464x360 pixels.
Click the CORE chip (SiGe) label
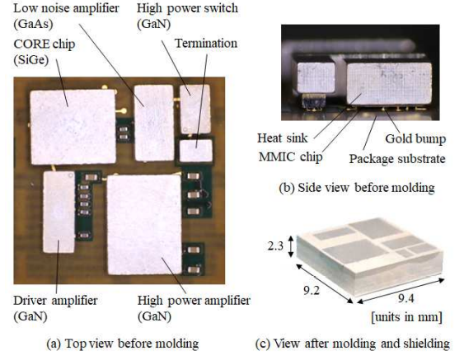(45, 52)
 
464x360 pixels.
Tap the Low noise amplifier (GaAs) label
(66, 16)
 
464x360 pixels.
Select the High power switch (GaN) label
(187, 16)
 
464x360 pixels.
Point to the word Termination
(206, 44)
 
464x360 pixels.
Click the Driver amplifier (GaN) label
(56, 308)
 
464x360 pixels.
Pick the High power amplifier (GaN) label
(194, 308)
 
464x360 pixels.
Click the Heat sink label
(283, 138)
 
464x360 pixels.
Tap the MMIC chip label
(291, 157)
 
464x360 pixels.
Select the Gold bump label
(415, 138)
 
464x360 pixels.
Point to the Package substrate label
(397, 159)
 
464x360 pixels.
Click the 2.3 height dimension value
(275, 245)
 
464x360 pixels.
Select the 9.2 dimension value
(312, 291)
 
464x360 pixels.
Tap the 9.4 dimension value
(405, 299)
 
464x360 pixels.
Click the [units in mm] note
(407, 317)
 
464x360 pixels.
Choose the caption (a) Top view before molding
(123, 344)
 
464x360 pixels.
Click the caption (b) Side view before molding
(357, 188)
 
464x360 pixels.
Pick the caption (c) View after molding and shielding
(353, 344)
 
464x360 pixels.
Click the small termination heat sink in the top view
(196, 151)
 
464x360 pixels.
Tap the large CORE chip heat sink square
(73, 127)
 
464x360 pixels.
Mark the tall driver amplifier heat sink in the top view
(59, 212)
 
